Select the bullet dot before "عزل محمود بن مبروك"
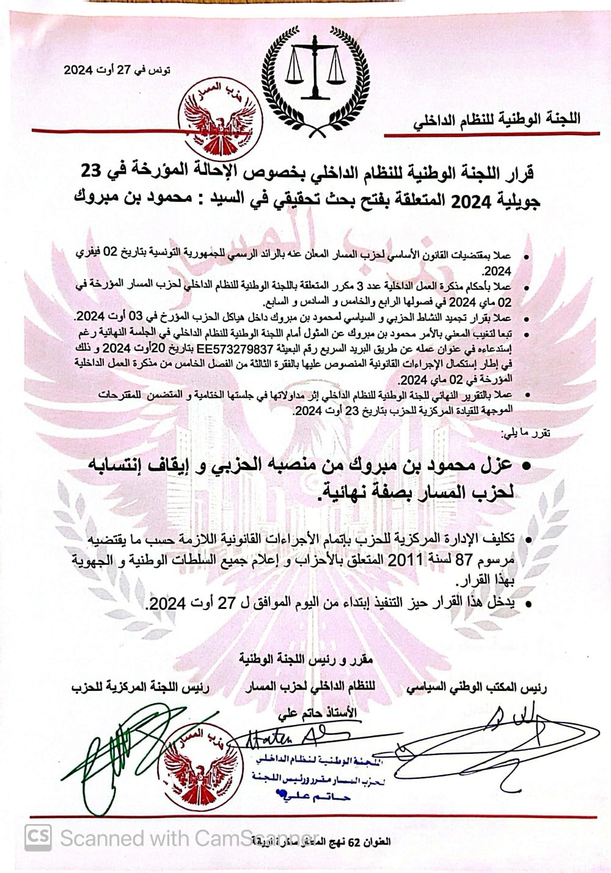click(x=524, y=466)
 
